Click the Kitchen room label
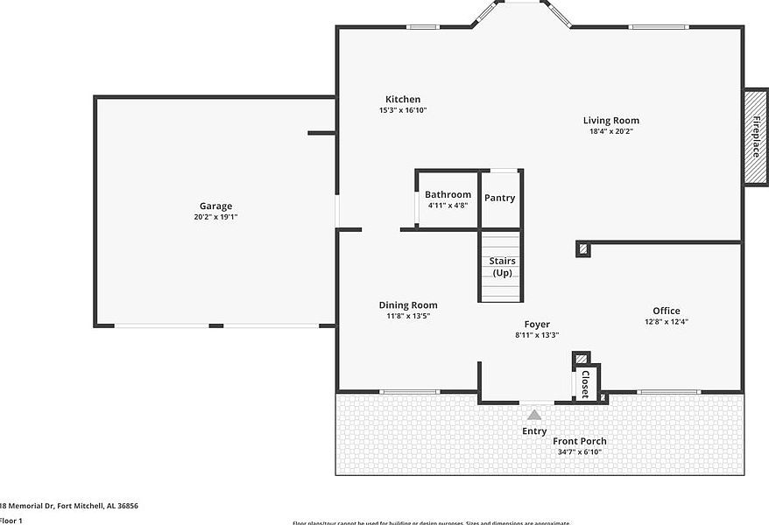(403, 99)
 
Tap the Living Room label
(611, 120)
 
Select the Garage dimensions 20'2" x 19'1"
(215, 217)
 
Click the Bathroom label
(448, 194)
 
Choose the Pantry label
(500, 198)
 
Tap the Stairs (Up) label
(502, 267)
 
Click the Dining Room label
(408, 304)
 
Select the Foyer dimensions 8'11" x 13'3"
(537, 334)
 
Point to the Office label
(666, 311)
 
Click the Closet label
(585, 384)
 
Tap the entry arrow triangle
(534, 415)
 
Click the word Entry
(534, 430)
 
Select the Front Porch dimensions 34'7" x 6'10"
(580, 452)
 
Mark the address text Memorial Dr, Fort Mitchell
(69, 506)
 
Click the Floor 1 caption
(11, 521)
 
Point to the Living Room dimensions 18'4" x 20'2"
(611, 131)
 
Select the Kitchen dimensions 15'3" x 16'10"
(403, 110)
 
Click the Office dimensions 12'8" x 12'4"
(666, 322)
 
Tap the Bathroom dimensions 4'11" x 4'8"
(448, 205)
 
